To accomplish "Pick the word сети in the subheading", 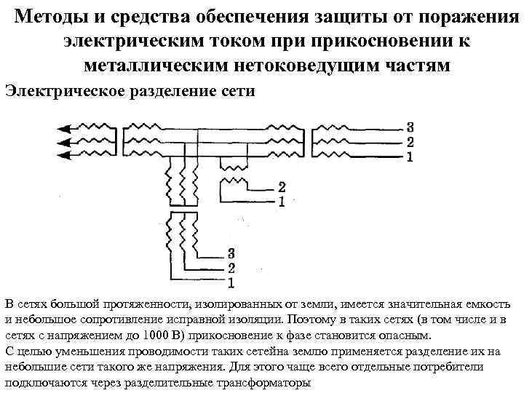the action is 239,90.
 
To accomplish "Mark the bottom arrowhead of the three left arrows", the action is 63,155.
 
